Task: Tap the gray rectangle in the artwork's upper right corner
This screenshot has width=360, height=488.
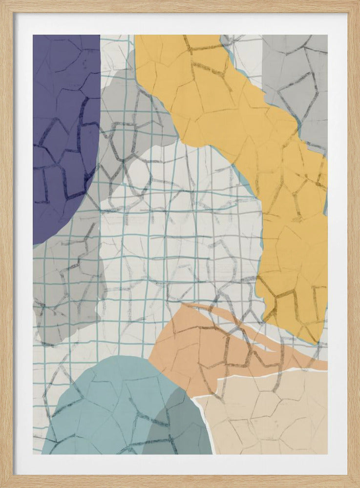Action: pos(296,83)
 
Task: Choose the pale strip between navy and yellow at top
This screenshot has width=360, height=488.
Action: pos(116,54)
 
